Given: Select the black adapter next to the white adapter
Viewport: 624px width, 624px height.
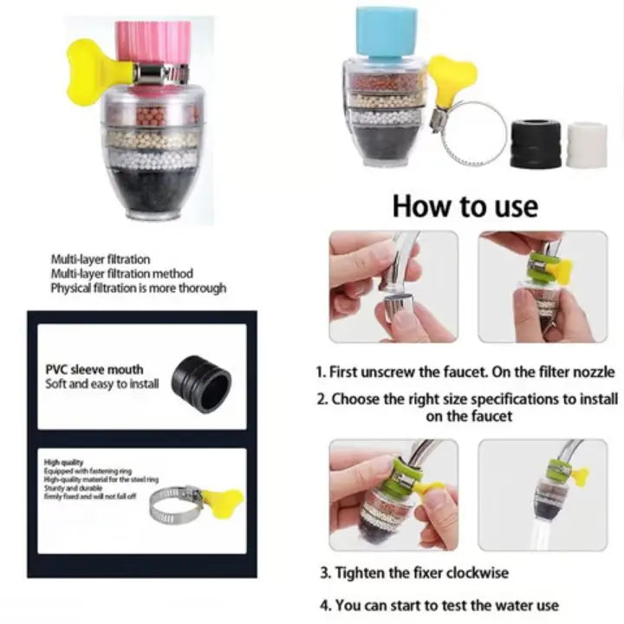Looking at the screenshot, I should pos(533,143).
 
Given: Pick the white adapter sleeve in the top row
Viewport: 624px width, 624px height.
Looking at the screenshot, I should pos(587,144).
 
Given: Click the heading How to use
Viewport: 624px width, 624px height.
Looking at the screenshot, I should pos(465,206).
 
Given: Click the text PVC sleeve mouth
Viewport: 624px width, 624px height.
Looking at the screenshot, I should pos(94,369).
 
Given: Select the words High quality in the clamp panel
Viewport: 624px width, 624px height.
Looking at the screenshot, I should pos(64,463).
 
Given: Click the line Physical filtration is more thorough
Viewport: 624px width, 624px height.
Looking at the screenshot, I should pos(138,288).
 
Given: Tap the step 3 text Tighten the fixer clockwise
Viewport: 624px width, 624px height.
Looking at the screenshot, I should pos(414,573).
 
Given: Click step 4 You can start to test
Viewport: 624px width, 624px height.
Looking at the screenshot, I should pos(439,605).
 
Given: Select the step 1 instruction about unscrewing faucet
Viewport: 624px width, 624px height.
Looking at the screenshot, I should pos(465,372).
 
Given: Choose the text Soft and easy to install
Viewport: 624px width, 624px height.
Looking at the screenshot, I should pos(101,384).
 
